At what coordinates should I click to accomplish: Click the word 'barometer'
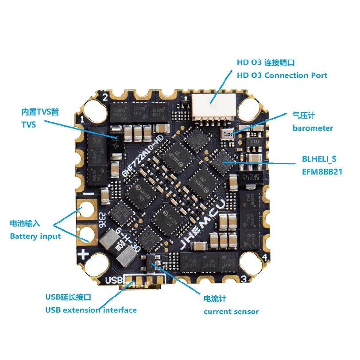pos(313,128)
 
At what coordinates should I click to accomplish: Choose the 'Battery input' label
pos(35,236)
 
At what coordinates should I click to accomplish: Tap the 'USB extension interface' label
pos(91,310)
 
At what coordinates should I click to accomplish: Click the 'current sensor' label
pos(231,311)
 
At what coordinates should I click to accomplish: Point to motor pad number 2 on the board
pos(105,97)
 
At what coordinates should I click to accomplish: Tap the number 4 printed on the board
pos(264,257)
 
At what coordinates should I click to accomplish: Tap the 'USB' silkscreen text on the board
pos(114,280)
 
